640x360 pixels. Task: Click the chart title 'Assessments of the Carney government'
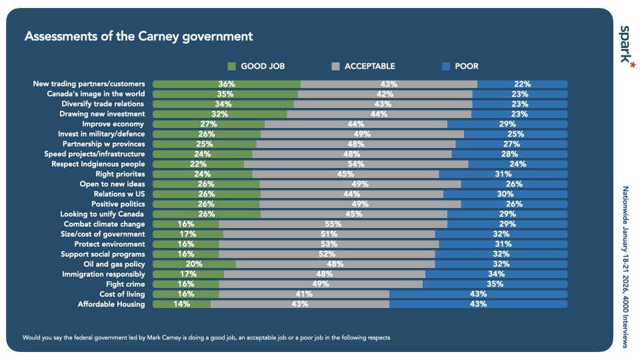click(139, 36)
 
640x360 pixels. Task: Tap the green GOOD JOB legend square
click(232, 66)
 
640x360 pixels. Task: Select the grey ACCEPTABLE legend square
click(335, 66)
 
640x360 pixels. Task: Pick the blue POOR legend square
click(447, 66)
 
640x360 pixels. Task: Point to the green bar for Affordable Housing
click(181, 304)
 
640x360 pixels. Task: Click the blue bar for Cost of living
click(478, 294)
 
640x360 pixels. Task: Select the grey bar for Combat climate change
click(333, 224)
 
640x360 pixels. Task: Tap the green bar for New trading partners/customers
click(226, 84)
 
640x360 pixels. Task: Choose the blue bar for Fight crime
click(495, 284)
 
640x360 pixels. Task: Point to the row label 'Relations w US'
click(117, 194)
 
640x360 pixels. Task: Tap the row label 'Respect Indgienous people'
click(98, 164)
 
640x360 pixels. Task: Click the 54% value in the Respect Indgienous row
click(356, 164)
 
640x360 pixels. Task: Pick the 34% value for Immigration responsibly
click(495, 274)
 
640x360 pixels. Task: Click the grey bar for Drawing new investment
click(379, 114)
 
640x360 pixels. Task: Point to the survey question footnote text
click(206, 337)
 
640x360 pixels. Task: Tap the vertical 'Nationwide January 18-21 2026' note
click(625, 267)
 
